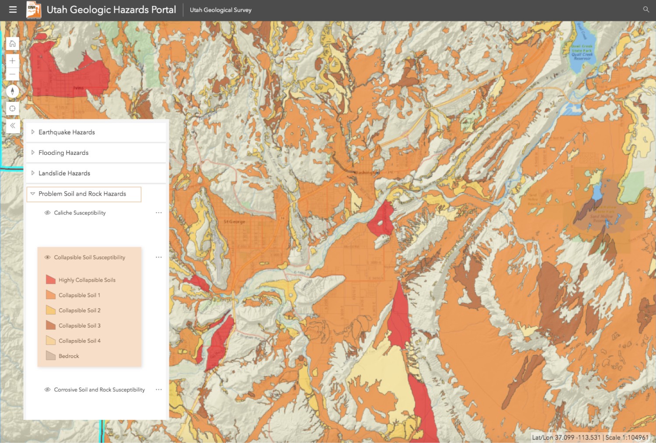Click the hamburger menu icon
click(13, 10)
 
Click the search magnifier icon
click(646, 10)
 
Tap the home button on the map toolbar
click(12, 44)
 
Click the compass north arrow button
click(12, 91)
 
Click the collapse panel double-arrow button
click(12, 126)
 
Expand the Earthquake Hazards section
click(66, 132)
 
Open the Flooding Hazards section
click(63, 153)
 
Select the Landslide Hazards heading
click(64, 173)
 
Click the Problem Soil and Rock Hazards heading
click(82, 194)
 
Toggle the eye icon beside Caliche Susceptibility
click(47, 213)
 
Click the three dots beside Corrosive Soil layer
click(159, 390)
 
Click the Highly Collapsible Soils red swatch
click(51, 280)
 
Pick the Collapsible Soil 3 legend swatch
click(51, 326)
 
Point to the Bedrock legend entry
click(69, 356)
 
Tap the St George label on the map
click(234, 222)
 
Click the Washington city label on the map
click(366, 173)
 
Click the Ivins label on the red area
click(78, 88)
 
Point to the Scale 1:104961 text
click(627, 437)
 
